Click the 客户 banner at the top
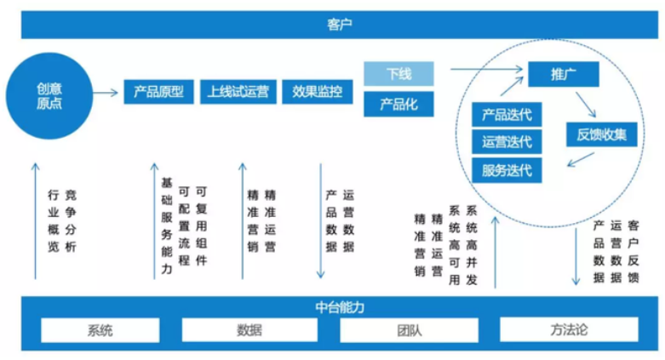(x=339, y=25)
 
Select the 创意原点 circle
(x=49, y=96)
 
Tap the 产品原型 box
(x=158, y=92)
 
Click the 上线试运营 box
(x=238, y=92)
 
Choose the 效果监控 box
(x=318, y=92)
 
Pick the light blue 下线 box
(x=398, y=74)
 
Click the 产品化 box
(x=398, y=104)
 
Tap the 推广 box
(x=563, y=74)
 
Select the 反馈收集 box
(x=601, y=134)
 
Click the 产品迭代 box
(x=507, y=115)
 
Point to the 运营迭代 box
(x=507, y=141)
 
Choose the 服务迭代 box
(x=507, y=170)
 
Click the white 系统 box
(x=100, y=330)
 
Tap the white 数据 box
(x=249, y=330)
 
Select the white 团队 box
(x=410, y=330)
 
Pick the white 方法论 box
(x=569, y=330)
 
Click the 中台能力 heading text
(x=340, y=307)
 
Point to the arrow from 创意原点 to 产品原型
(x=106, y=93)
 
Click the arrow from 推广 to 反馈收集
(x=586, y=105)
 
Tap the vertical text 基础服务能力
(x=167, y=226)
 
